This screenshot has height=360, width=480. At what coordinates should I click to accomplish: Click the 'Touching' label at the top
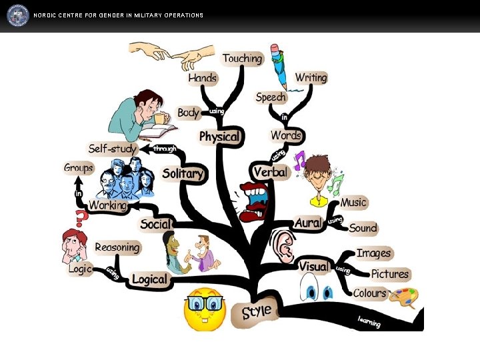(x=242, y=59)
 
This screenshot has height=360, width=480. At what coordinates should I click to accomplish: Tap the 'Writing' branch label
(x=311, y=78)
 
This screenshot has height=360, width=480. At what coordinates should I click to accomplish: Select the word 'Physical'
(x=219, y=137)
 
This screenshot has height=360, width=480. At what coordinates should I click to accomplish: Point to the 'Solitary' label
(x=182, y=173)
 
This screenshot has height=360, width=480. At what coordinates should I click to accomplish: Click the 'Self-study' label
(x=112, y=148)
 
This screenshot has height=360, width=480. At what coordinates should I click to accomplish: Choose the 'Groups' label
(x=78, y=167)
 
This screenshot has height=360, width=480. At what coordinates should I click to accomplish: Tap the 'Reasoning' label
(x=117, y=247)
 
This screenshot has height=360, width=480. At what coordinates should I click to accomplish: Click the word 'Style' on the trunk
(x=256, y=312)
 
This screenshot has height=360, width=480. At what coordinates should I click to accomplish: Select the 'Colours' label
(x=369, y=293)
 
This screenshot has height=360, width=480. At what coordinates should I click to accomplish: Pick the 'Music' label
(x=353, y=202)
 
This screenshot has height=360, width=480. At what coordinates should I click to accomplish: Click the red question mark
(x=81, y=217)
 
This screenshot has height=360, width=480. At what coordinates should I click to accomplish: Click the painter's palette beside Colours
(x=403, y=297)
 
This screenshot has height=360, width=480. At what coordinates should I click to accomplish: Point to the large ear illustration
(x=283, y=246)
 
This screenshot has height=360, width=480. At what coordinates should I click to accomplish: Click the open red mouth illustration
(x=254, y=201)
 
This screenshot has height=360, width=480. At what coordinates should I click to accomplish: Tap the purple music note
(x=299, y=161)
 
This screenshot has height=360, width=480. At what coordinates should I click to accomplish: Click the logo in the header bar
(x=18, y=15)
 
